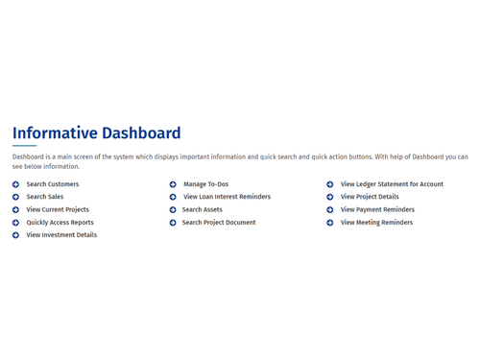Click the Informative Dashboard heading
pyautogui.click(x=96, y=133)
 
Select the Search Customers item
pyautogui.click(x=53, y=184)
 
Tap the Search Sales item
pyautogui.click(x=45, y=197)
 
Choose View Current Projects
pyautogui.click(x=58, y=209)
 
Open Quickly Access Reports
pyautogui.click(x=60, y=222)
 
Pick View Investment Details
pyautogui.click(x=61, y=234)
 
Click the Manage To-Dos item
pyautogui.click(x=205, y=184)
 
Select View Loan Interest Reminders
pyautogui.click(x=227, y=197)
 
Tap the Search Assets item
pyautogui.click(x=202, y=209)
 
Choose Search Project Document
pyautogui.click(x=219, y=222)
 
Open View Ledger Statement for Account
pyautogui.click(x=392, y=184)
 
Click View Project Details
pyautogui.click(x=370, y=197)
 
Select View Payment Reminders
pyautogui.click(x=377, y=209)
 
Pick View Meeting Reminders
pyautogui.click(x=376, y=222)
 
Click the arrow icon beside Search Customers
pyautogui.click(x=16, y=184)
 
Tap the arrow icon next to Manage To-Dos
pyautogui.click(x=173, y=184)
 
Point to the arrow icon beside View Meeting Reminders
pyautogui.click(x=330, y=222)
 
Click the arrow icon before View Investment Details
pyautogui.click(x=16, y=234)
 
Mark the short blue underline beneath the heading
pyautogui.click(x=24, y=146)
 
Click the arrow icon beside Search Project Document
pyautogui.click(x=173, y=222)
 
